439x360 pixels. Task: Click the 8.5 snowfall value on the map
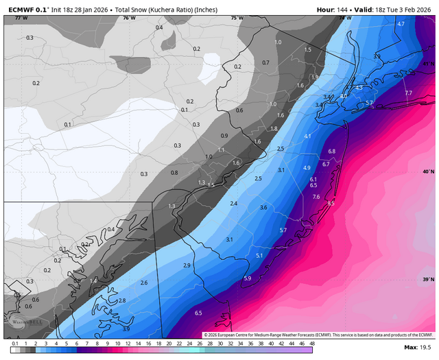(x=331, y=204)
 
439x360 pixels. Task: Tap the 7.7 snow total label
(x=408, y=93)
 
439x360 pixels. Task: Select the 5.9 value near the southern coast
(x=247, y=278)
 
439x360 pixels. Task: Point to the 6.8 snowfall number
(x=331, y=151)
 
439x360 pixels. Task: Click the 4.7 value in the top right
(x=401, y=24)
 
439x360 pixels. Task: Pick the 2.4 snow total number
(x=233, y=204)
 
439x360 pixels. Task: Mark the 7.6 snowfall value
(x=316, y=197)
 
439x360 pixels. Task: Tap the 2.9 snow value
(x=187, y=265)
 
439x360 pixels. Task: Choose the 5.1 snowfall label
(x=259, y=255)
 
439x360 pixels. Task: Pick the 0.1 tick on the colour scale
(x=14, y=342)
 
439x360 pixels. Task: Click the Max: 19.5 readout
(x=418, y=348)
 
